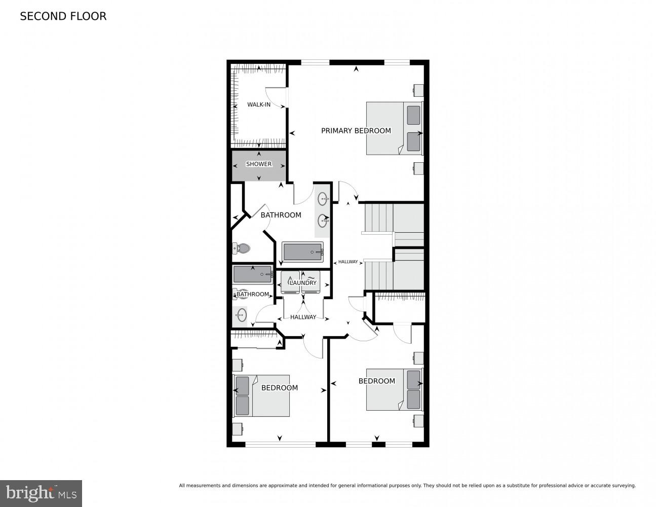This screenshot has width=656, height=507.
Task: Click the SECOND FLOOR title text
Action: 63,16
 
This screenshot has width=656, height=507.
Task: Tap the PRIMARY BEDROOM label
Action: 356,131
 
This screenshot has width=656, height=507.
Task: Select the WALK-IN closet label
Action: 258,105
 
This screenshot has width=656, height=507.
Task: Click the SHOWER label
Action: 258,164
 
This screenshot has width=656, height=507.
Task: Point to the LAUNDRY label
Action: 303,283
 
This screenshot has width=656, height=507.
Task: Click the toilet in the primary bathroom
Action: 241,248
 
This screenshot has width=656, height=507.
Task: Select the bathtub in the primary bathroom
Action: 302,251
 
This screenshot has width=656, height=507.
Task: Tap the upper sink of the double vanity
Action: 323,199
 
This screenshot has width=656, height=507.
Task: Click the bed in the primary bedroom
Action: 393,128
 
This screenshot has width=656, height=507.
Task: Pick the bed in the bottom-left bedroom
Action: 261,396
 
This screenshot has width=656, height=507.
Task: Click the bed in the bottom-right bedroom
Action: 393,389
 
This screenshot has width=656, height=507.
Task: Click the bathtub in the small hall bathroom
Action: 252,275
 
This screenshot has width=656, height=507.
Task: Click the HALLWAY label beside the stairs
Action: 348,262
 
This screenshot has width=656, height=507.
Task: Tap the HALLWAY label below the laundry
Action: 303,317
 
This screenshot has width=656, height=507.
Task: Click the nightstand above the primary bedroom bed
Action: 418,90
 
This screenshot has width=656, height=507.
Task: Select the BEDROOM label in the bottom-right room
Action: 376,381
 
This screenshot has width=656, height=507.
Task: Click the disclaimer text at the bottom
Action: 407,486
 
